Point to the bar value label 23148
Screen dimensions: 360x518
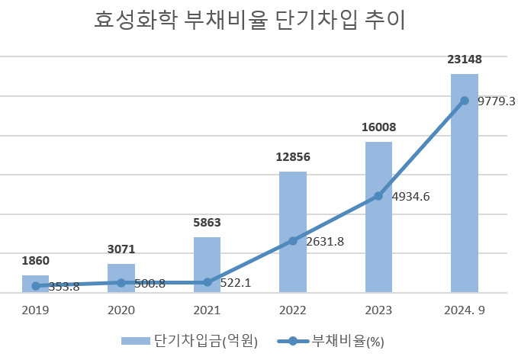click(465, 59)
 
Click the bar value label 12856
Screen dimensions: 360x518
click(293, 157)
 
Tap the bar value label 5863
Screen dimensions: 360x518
click(207, 223)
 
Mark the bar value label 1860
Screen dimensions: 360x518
click(35, 261)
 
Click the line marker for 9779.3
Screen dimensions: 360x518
click(465, 101)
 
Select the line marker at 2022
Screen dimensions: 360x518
click(293, 241)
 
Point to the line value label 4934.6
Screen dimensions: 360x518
click(410, 197)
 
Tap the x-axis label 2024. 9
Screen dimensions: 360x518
click(465, 310)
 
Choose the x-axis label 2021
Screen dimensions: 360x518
click(207, 310)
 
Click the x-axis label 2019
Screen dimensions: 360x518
click(35, 310)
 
